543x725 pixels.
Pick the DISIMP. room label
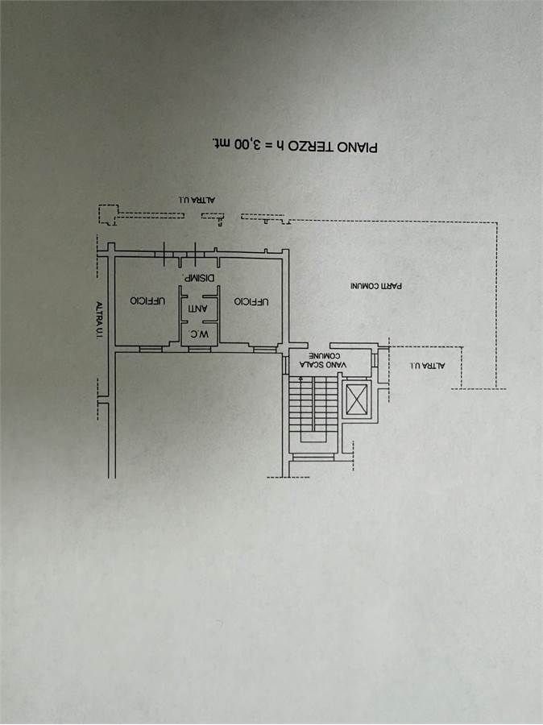[x=199, y=279]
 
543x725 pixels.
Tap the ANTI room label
[x=197, y=308]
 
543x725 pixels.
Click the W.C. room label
[x=200, y=333]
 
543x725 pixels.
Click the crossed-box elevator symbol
[x=357, y=400]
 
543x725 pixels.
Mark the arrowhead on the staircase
[x=301, y=379]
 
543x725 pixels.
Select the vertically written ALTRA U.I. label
[x=98, y=321]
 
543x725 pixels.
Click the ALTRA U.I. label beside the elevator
[x=427, y=365]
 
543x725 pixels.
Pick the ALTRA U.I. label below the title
[x=197, y=200]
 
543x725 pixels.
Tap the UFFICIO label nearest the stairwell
[x=251, y=301]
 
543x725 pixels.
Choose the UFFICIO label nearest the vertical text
[x=147, y=300]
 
